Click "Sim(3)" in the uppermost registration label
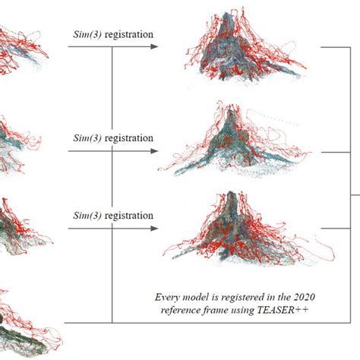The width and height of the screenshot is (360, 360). click(87, 34)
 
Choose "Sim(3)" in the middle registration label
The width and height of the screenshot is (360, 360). click(87, 138)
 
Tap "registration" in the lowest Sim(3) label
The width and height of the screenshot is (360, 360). click(129, 216)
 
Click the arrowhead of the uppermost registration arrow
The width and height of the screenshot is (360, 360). click(154, 46)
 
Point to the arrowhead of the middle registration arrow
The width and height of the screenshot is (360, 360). click(154, 151)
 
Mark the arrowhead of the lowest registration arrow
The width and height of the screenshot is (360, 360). click(154, 229)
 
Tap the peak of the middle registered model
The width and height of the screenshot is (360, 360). click(230, 112)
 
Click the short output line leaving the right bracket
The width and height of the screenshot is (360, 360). click(355, 195)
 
